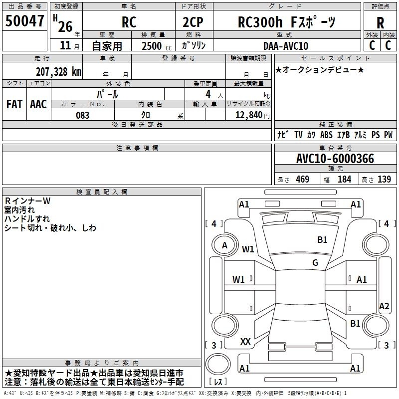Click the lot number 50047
(24, 21)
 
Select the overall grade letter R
(380, 23)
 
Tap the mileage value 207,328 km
(58, 72)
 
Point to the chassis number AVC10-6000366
(335, 159)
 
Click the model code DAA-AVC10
(286, 46)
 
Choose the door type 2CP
(193, 22)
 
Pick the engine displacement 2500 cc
(157, 46)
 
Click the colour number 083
(82, 115)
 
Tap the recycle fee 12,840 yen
(252, 115)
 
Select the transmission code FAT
(14, 104)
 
